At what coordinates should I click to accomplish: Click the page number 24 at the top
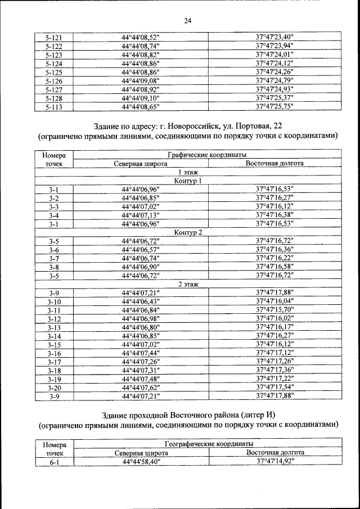(188, 21)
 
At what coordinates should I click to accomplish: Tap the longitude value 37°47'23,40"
(275, 38)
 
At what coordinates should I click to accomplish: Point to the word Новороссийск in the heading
(205, 124)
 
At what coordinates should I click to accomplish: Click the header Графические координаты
(208, 155)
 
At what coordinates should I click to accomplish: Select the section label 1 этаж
(188, 172)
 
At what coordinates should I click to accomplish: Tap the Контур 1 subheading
(188, 181)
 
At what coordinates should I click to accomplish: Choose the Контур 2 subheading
(188, 232)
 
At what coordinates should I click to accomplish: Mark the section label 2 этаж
(188, 284)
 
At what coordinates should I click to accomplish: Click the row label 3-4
(54, 215)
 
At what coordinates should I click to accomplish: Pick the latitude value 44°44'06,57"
(141, 250)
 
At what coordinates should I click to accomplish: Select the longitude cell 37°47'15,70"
(275, 310)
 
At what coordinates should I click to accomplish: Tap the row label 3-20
(54, 388)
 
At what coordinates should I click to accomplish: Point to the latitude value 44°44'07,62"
(141, 388)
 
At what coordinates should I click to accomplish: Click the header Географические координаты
(208, 444)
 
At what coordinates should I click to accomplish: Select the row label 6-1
(54, 462)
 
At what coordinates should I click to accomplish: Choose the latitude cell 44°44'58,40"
(141, 462)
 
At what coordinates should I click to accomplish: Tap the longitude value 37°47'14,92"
(275, 462)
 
